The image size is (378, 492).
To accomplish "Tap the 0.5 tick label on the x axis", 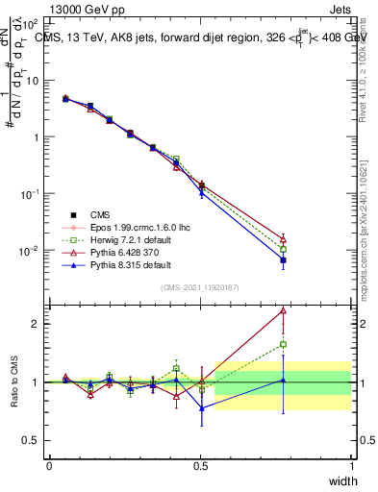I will [x=200, y=465].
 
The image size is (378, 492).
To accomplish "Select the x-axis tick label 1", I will [x=351, y=465].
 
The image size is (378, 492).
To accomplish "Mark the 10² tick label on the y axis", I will [x=33, y=23].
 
